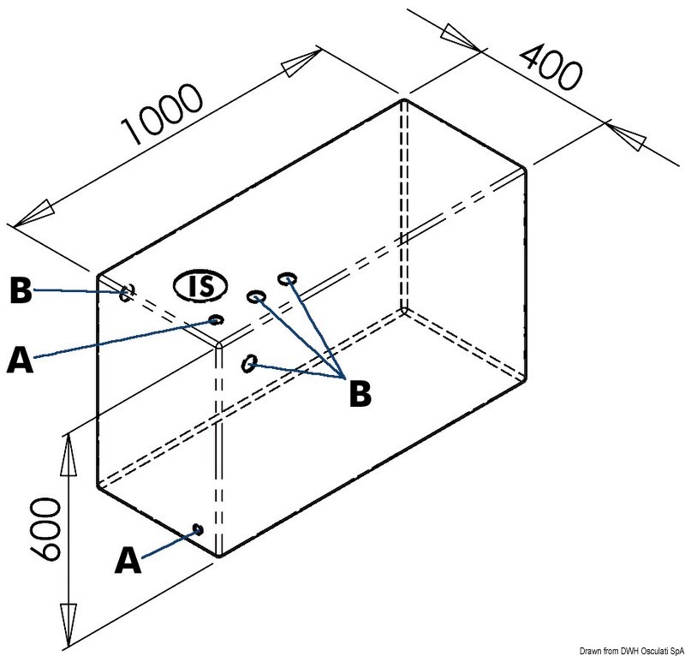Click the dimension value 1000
point(162,113)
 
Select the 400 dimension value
point(551,67)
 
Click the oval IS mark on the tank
point(201,286)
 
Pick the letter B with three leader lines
point(360,394)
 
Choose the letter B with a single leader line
point(21,290)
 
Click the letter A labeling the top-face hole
point(20,359)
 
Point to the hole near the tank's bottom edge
point(198,530)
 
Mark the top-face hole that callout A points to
point(217,319)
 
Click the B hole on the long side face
point(249,363)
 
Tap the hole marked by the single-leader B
point(127,292)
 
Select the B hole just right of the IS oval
point(256,297)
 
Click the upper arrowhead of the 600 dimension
point(68,454)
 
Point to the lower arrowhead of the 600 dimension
point(68,625)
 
